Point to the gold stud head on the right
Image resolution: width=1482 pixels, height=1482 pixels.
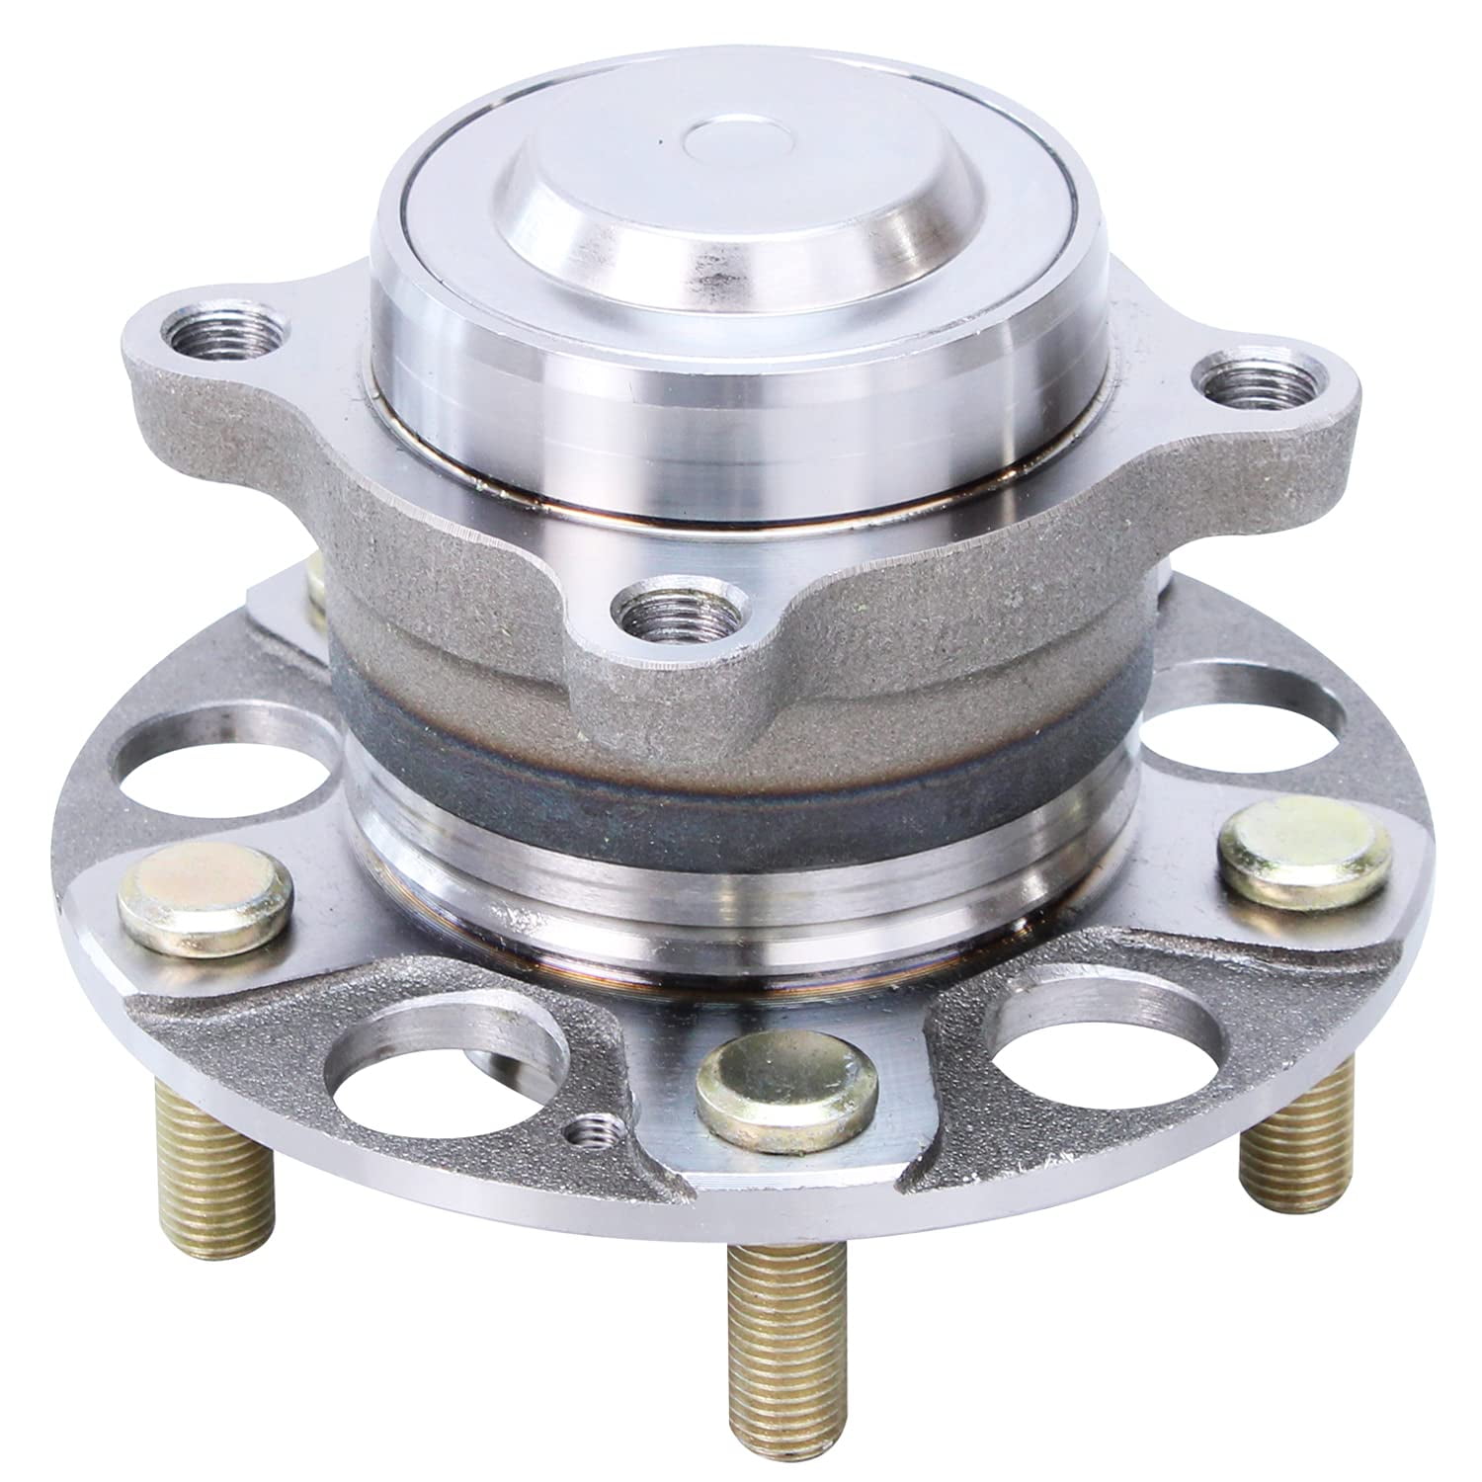click(x=1304, y=852)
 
